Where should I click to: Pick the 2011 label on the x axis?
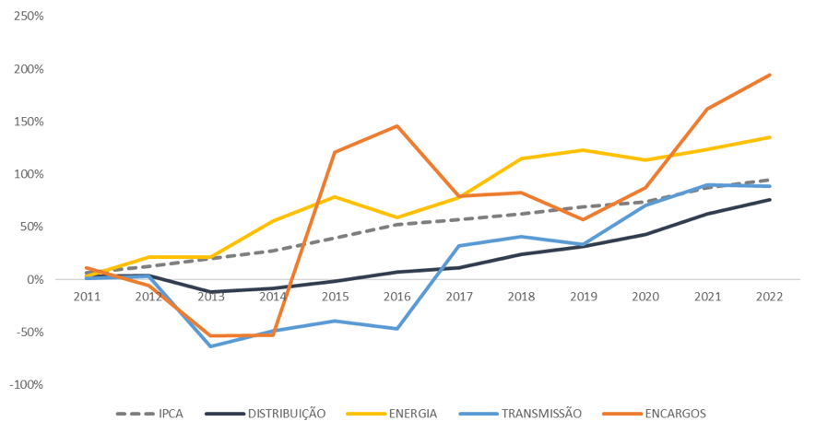[87, 298]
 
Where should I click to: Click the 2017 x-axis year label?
[459, 298]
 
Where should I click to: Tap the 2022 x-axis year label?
[770, 298]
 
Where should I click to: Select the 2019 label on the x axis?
[584, 298]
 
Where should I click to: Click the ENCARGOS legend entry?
[670, 414]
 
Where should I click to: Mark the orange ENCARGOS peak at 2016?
[397, 126]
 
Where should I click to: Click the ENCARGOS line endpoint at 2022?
[770, 76]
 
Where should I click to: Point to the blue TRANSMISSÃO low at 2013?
[211, 346]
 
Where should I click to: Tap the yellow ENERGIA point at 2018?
[522, 158]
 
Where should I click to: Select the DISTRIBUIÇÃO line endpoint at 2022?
[770, 200]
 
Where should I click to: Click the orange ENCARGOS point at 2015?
[336, 152]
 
